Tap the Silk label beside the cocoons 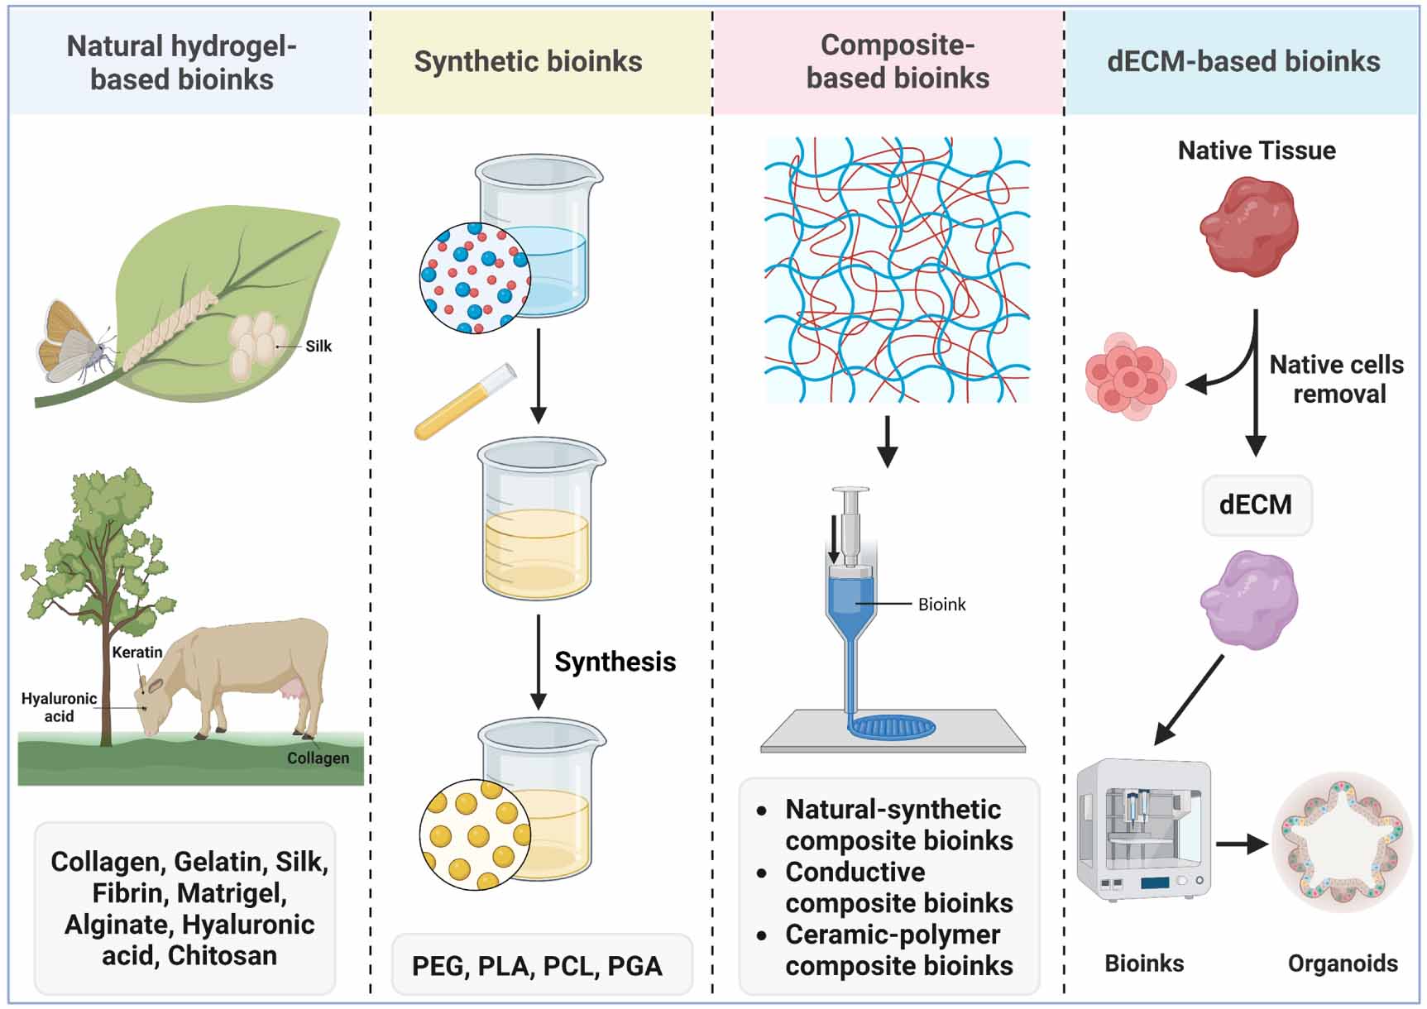coord(318,347)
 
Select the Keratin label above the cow coord(137,653)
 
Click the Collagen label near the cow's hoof coord(318,758)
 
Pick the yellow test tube coord(465,401)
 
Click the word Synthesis coord(615,662)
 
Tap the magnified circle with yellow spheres coord(474,834)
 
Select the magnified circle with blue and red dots coord(474,278)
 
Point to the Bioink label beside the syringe coord(941,605)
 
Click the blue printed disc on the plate coord(893,727)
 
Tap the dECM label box coord(1256,504)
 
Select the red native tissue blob coord(1249,227)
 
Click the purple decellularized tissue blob coord(1249,600)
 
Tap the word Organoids coord(1342,964)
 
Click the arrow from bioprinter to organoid coord(1242,844)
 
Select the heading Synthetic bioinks coord(528,62)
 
